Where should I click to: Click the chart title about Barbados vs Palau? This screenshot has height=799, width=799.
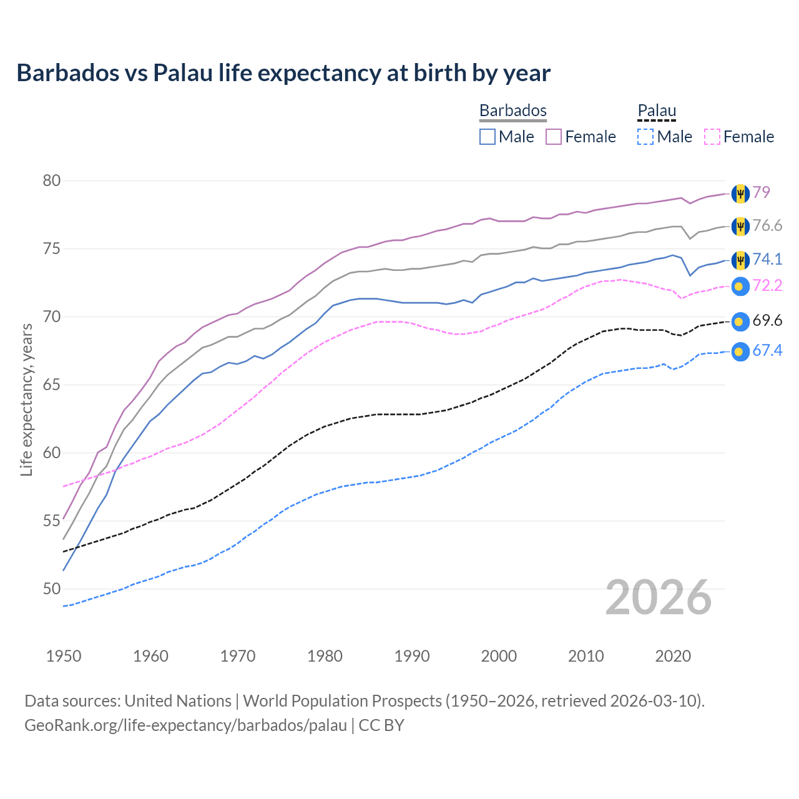tap(283, 73)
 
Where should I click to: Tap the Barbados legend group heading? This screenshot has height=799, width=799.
tap(512, 110)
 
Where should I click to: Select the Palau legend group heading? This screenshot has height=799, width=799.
tap(657, 110)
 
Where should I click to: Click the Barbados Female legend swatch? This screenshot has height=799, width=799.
tap(554, 137)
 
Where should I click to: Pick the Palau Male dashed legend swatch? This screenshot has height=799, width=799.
tap(645, 137)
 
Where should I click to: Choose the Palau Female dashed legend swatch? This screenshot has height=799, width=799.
tap(712, 137)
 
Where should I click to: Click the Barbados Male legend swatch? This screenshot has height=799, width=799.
tap(488, 137)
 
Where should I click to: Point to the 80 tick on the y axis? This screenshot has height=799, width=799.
tap(52, 181)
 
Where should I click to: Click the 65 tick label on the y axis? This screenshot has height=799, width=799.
tap(52, 385)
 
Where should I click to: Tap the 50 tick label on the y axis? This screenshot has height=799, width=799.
tap(52, 589)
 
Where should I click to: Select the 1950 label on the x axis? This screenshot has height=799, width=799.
tap(64, 656)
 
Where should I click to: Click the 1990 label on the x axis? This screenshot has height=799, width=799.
tap(412, 656)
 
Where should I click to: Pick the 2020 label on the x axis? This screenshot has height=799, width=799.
tap(673, 656)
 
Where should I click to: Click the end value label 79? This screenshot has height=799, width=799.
tap(761, 192)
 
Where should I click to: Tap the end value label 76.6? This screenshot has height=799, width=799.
tap(767, 226)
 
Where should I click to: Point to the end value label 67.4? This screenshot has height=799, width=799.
tap(767, 351)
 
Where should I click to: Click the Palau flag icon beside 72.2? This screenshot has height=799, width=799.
tap(740, 287)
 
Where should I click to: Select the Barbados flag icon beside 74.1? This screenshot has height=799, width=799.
tap(740, 260)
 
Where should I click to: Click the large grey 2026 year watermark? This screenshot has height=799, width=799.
tap(659, 598)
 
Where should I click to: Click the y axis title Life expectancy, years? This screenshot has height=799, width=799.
tap(27, 399)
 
